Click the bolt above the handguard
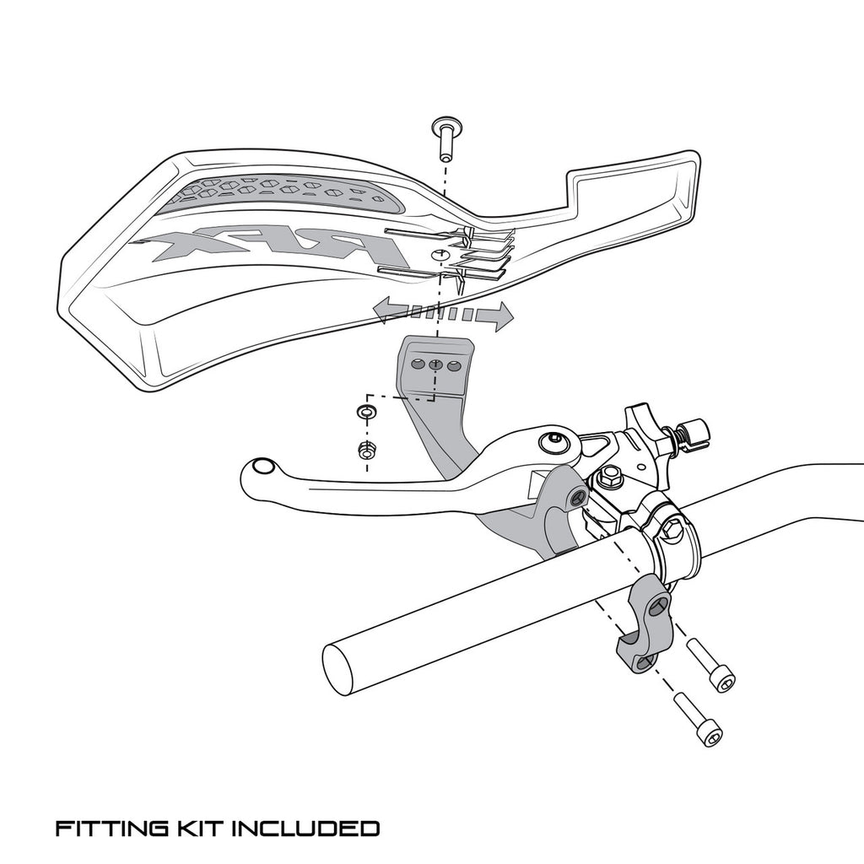pos(445,139)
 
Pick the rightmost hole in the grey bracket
pos(455,366)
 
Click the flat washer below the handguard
pos(365,413)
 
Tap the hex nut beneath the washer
pos(365,451)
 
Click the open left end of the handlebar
pos(342,669)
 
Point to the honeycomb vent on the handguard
pos(278,192)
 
